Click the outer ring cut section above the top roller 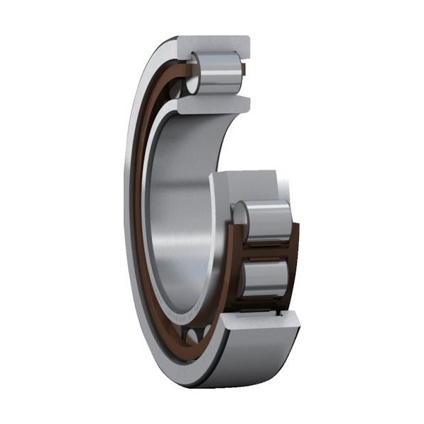click(x=212, y=45)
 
